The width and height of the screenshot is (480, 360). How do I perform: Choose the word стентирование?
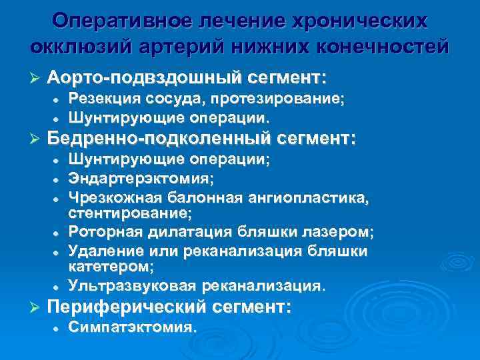coord(130,214)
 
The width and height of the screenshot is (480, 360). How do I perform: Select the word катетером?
coord(111,267)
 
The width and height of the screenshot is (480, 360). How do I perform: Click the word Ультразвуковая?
coord(133,286)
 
